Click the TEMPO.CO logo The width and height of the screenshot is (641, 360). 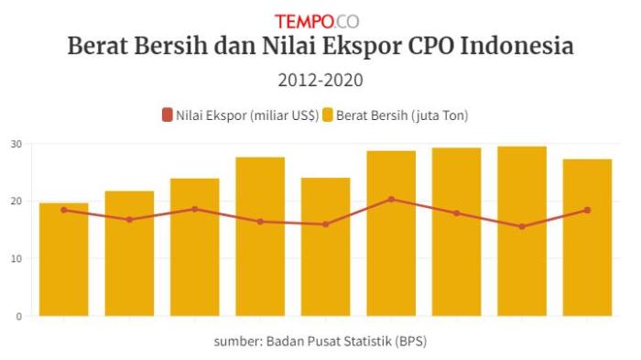pos(317,20)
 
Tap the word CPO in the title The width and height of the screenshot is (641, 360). pos(424,47)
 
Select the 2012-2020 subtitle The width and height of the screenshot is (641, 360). pos(320,81)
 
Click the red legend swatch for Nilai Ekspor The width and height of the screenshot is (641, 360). pos(167,115)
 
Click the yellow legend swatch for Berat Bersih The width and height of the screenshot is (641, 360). pos(328,115)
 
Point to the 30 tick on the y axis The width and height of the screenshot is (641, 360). pos(16,144)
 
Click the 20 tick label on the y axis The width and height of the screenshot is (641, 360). pos(16,201)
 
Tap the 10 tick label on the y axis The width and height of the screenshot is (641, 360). pos(16,258)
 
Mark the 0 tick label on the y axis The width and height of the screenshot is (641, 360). pos(19,316)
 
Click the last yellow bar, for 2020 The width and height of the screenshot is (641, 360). pos(587,238)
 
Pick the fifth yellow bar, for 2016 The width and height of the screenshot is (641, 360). pos(325,247)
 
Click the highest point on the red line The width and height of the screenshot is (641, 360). pos(391,199)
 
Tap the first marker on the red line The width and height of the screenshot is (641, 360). pos(63,210)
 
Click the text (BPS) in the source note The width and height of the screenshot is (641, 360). pos(411,342)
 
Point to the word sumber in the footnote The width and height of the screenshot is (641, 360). pos(237,342)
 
